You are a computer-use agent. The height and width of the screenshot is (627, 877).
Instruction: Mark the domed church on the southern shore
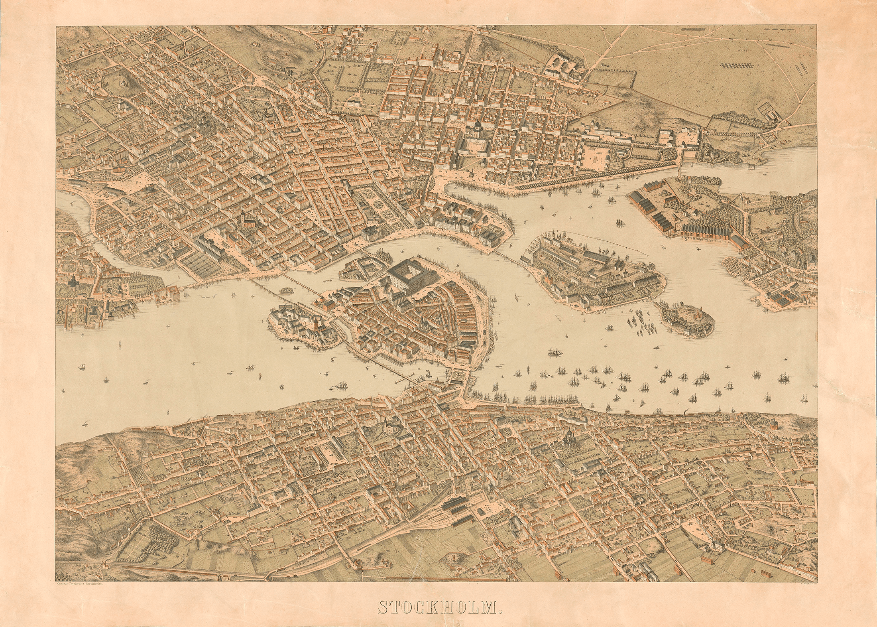tap(569, 437)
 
